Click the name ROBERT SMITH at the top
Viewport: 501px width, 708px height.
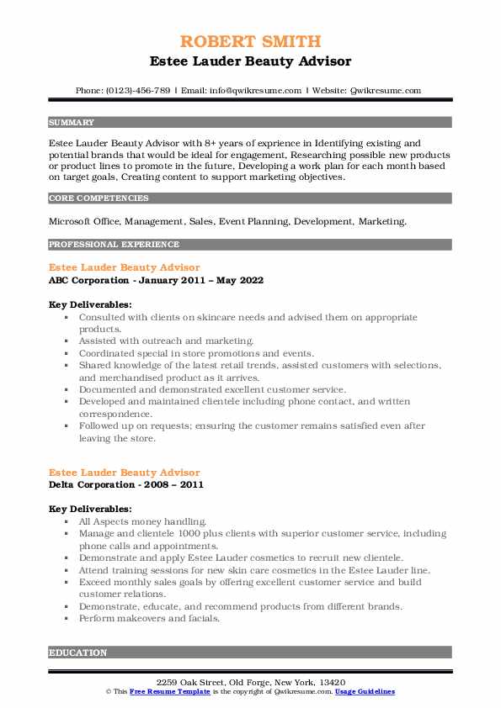point(250,43)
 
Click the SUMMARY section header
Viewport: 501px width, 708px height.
point(72,122)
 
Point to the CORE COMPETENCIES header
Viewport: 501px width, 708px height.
point(99,198)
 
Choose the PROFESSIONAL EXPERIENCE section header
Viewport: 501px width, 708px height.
point(114,245)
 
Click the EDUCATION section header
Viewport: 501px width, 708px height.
point(78,653)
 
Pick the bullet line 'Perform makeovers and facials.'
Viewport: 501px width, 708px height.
point(149,618)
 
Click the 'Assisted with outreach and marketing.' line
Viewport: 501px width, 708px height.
point(166,341)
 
